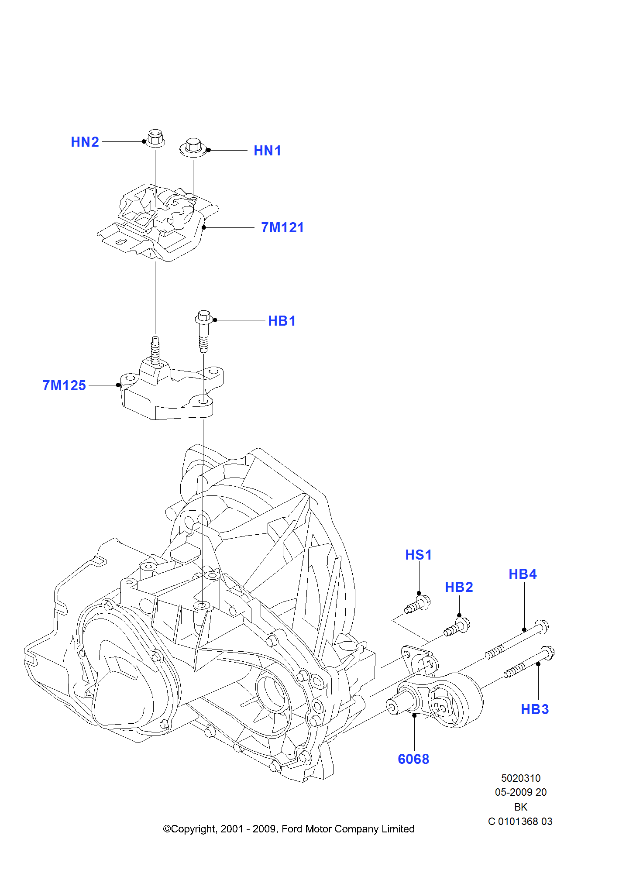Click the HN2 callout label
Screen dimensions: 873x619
[85, 142]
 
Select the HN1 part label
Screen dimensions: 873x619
[267, 151]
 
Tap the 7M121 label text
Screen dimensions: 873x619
[282, 227]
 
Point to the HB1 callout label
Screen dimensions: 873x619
[282, 321]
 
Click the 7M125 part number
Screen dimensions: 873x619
[64, 385]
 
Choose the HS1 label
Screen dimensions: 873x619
[418, 555]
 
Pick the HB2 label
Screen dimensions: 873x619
[459, 587]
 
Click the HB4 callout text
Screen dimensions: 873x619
[523, 574]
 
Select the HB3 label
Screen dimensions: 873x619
[535, 709]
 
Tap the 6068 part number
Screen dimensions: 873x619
[413, 759]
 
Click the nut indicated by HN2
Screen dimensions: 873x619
[155, 138]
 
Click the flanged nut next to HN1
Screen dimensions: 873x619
[193, 148]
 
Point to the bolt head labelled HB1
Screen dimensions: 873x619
[204, 316]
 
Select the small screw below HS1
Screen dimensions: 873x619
[418, 605]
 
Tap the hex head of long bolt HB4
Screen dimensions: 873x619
[542, 627]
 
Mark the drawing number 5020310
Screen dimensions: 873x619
[520, 778]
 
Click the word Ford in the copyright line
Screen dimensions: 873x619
[292, 829]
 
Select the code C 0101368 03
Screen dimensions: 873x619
[520, 821]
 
